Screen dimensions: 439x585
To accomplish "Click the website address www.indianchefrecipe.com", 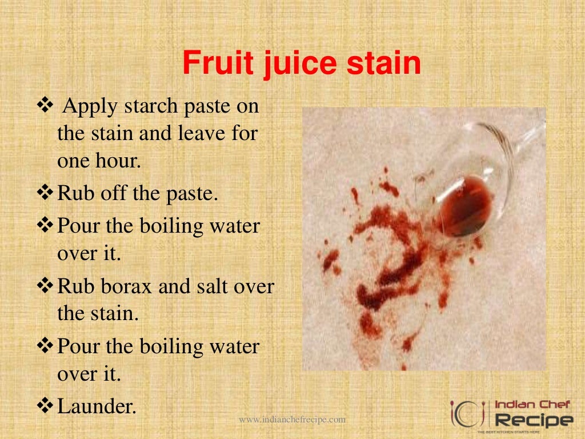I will point(292,420).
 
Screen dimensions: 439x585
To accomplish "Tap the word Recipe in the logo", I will point(534,421).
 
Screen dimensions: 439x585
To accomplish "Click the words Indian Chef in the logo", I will point(532,405).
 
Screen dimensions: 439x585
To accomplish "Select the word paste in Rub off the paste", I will point(192,194).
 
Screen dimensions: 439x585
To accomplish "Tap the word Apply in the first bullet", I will point(86,107).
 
